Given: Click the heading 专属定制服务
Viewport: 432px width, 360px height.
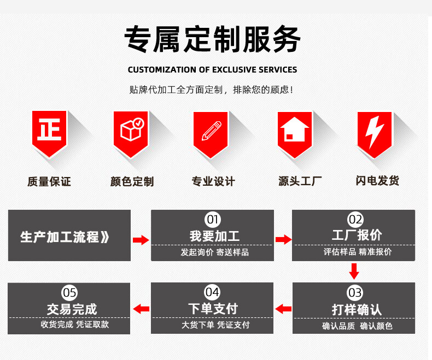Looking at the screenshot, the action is tap(212, 39).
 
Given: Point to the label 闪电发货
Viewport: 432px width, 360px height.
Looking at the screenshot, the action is tap(377, 181).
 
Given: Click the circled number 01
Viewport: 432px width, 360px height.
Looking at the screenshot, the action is tap(212, 220).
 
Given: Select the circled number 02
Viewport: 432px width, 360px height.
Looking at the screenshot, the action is tap(355, 220).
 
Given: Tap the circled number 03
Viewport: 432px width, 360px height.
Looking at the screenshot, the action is tap(355, 293).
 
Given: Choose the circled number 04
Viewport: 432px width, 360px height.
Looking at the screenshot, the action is tap(212, 292).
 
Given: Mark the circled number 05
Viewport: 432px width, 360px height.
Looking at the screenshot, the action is tap(69, 292).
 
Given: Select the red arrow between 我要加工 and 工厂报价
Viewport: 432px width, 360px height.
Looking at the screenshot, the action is tap(283, 239).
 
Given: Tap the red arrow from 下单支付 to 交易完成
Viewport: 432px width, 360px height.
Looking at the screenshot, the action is tap(141, 309).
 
